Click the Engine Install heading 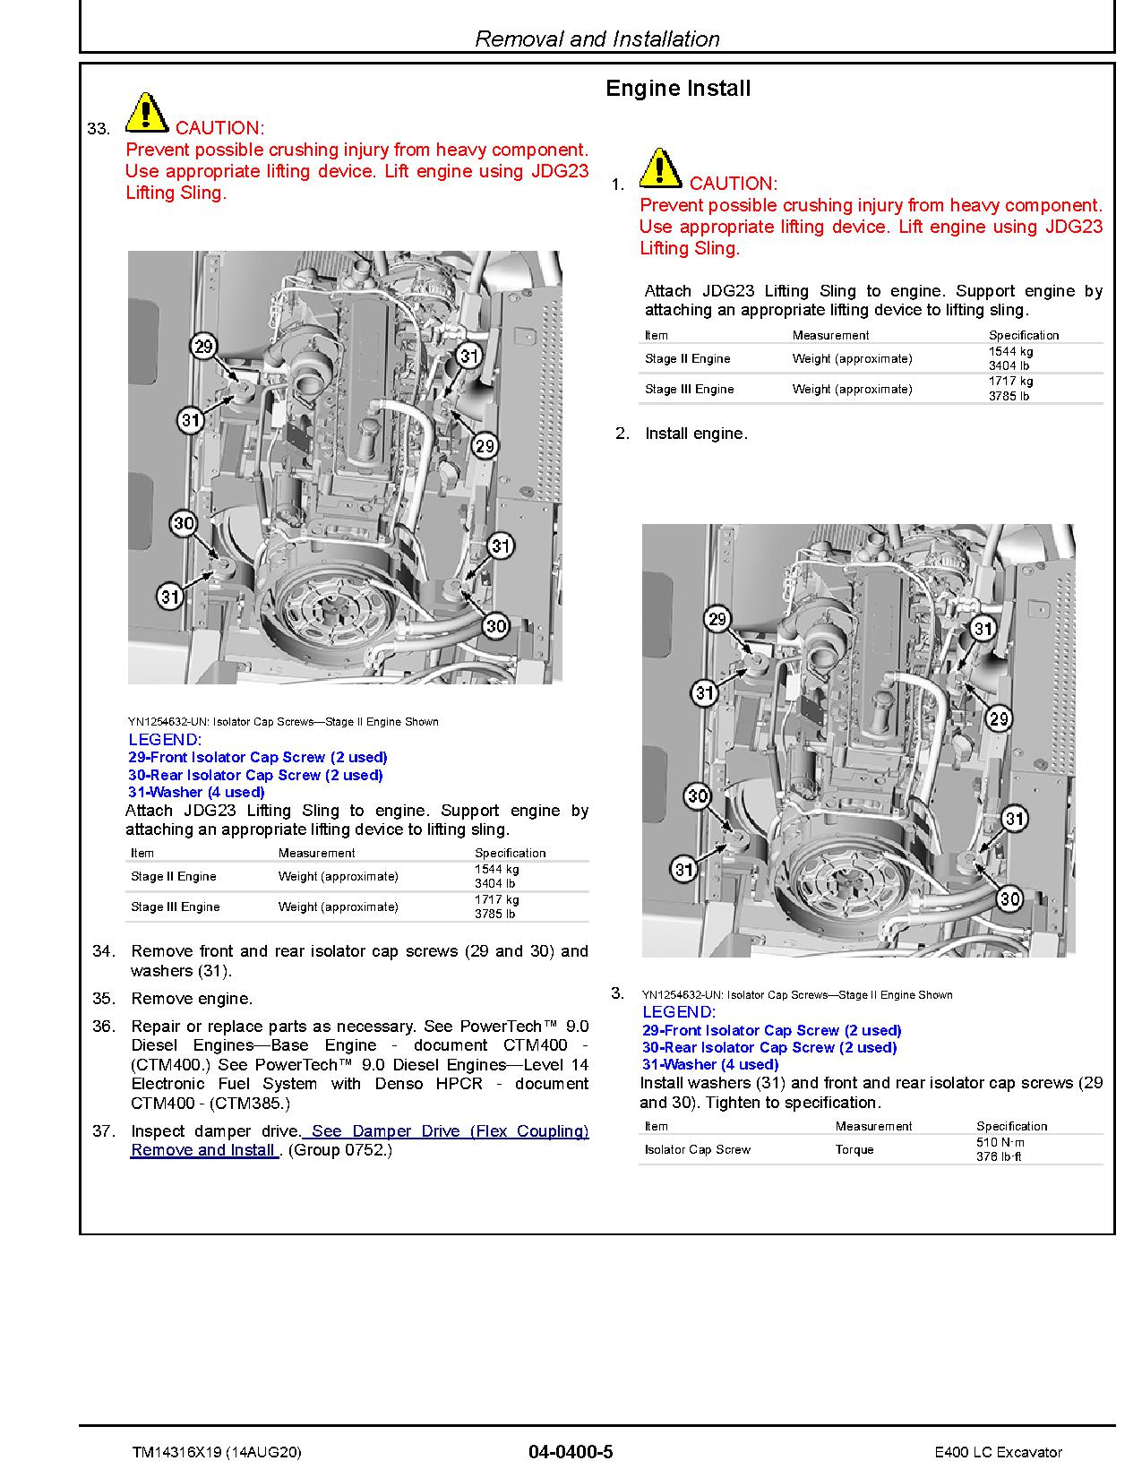pyautogui.click(x=678, y=89)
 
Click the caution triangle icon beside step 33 pyautogui.click(x=146, y=113)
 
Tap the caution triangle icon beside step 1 pyautogui.click(x=660, y=168)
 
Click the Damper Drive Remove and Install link pyautogui.click(x=358, y=1140)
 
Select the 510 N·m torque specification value pyautogui.click(x=1000, y=1142)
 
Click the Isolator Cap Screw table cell pyautogui.click(x=698, y=1149)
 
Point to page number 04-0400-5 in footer pyautogui.click(x=571, y=1452)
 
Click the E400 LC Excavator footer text pyautogui.click(x=997, y=1452)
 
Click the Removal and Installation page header pyautogui.click(x=597, y=39)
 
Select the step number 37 pyautogui.click(x=104, y=1131)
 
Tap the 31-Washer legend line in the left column pyautogui.click(x=196, y=792)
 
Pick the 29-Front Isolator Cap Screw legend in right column pyautogui.click(x=771, y=1030)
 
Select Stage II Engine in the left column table pyautogui.click(x=174, y=876)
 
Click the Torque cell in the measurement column pyautogui.click(x=854, y=1149)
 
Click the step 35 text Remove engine pyautogui.click(x=192, y=999)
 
